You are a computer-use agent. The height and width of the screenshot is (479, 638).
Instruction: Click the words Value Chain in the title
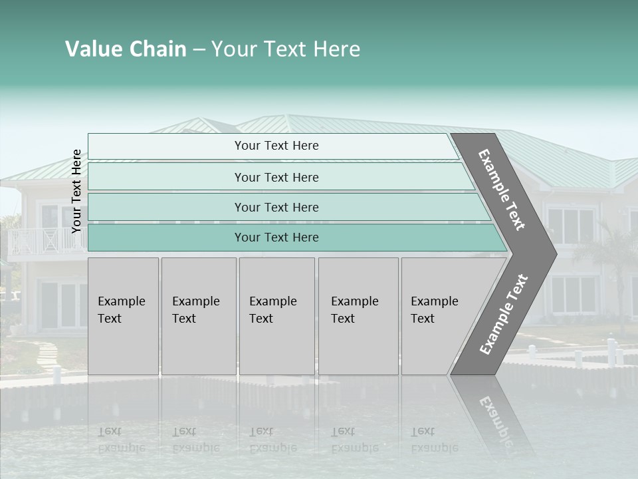(126, 49)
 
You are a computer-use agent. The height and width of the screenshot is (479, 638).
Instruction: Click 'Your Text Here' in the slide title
(286, 49)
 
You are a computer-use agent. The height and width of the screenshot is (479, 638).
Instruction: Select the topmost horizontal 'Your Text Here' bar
(276, 146)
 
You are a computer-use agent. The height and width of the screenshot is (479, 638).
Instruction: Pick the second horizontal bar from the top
(276, 177)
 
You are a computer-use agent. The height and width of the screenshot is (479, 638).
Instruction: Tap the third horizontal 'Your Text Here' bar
(276, 207)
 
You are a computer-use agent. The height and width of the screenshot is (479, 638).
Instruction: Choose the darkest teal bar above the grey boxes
(276, 238)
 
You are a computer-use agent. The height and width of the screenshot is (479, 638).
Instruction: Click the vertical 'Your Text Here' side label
(76, 191)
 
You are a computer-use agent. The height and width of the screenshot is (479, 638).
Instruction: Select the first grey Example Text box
(123, 316)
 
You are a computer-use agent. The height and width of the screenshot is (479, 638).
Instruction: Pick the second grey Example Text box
(198, 316)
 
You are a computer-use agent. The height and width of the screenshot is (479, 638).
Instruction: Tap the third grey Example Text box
(276, 316)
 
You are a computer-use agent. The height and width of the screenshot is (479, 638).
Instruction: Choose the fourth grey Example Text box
(358, 316)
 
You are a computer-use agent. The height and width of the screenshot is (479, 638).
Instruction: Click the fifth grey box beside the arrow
(435, 316)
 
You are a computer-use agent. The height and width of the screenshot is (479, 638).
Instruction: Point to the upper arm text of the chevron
(502, 190)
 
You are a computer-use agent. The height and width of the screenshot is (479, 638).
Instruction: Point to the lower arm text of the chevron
(504, 314)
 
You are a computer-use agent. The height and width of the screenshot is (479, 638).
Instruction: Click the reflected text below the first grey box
(121, 440)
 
